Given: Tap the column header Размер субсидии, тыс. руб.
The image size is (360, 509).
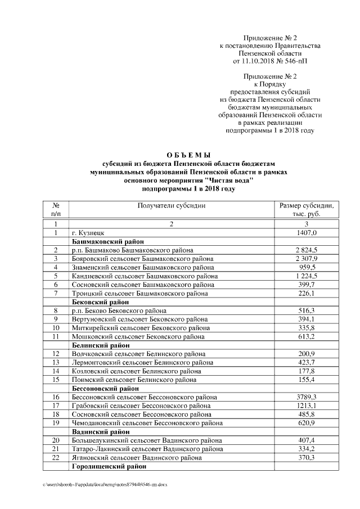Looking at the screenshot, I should point(307,210).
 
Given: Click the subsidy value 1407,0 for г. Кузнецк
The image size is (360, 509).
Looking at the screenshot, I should point(307,232).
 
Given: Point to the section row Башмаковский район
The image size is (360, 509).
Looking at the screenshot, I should point(101,241).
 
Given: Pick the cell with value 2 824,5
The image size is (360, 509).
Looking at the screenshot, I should point(307,250).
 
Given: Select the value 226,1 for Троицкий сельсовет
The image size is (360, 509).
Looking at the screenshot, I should point(307,293).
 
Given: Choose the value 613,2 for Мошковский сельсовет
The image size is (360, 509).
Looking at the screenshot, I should point(307,336).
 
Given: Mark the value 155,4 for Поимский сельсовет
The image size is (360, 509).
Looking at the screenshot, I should point(307,380).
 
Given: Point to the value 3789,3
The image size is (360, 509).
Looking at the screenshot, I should point(307,398).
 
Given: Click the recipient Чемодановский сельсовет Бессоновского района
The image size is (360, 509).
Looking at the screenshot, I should point(148,424).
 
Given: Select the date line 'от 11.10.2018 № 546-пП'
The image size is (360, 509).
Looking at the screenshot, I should point(270,60).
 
